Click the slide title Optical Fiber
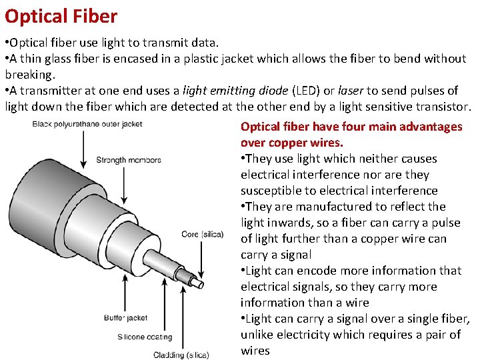coord(61,16)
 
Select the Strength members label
coord(129,160)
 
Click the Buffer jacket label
coord(126,317)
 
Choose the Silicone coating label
coord(145,337)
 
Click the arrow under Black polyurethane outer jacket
coord(83,148)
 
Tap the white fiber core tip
coord(197,283)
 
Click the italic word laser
coord(351,91)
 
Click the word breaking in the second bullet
coord(28,75)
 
